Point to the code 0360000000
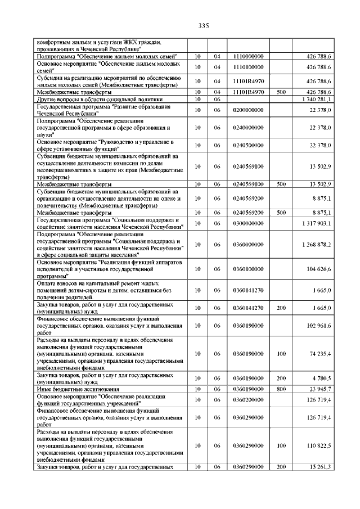pyautogui.click(x=247, y=244)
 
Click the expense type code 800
pyautogui.click(x=282, y=389)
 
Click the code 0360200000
pyautogui.click(x=247, y=399)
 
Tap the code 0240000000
pyautogui.click(x=247, y=128)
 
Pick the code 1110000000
pyautogui.click(x=247, y=57)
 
